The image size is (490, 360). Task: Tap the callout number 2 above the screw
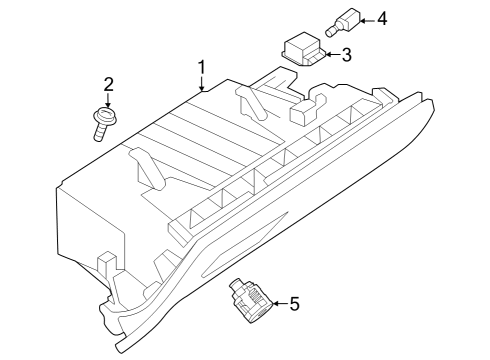[x=109, y=83]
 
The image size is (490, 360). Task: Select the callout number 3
[x=346, y=55]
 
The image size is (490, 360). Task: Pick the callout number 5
[x=294, y=303]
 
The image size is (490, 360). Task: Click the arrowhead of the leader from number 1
[x=202, y=89]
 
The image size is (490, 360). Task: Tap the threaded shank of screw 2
[x=98, y=130]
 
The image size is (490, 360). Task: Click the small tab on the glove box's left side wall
[x=103, y=263]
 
